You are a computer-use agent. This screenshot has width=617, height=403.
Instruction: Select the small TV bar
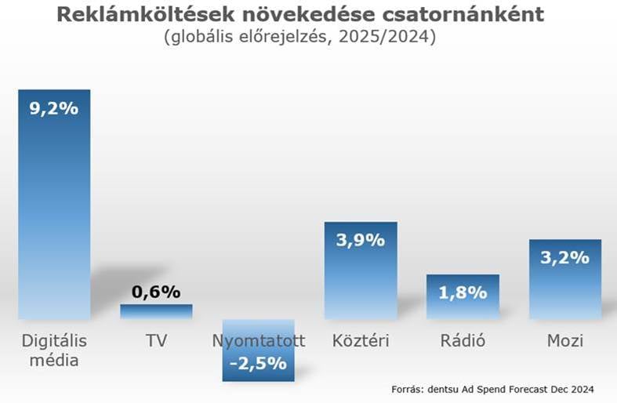[x=156, y=311]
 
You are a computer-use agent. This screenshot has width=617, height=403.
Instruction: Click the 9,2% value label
[x=54, y=109]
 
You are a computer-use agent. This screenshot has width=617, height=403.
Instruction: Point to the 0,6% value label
[x=156, y=292]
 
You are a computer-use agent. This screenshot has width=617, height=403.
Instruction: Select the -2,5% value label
[x=258, y=365]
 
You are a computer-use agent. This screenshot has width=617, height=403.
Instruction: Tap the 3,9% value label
[x=361, y=240]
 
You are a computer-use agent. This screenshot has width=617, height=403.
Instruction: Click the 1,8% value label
[x=463, y=293]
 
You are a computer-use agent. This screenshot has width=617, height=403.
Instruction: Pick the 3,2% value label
[x=564, y=257]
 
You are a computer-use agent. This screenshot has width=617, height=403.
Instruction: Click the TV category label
[x=156, y=341]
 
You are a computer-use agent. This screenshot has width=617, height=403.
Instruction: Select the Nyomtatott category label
[x=258, y=341]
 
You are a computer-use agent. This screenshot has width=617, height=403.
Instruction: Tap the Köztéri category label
[x=361, y=341]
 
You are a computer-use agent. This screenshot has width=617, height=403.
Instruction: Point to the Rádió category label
[x=463, y=341]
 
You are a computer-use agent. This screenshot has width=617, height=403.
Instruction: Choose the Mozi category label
[x=564, y=341]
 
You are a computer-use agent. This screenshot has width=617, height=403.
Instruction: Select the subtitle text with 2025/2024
[x=300, y=38]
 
